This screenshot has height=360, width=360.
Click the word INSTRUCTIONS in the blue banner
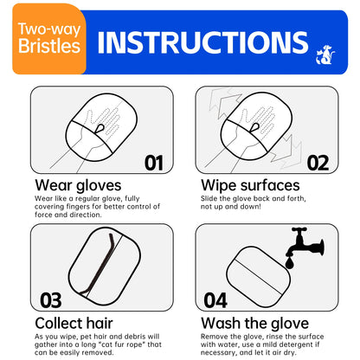[x=203, y=42]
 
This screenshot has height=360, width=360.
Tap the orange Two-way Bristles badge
[x=49, y=39]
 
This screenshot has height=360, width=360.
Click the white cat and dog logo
[x=325, y=55]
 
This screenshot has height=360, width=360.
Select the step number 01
[x=154, y=163]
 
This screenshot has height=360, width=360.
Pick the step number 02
[x=318, y=163]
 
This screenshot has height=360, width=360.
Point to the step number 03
[x=51, y=300]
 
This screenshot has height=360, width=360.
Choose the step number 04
[x=215, y=300]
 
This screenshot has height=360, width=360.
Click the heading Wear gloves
[x=78, y=185]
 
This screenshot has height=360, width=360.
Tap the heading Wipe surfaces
[x=250, y=185]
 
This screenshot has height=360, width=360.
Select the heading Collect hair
[x=74, y=323]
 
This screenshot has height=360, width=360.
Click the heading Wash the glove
[x=255, y=323]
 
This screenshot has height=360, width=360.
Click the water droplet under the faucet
[x=289, y=263]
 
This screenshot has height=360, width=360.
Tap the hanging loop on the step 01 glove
[x=100, y=129]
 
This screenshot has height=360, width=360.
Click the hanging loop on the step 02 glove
[x=254, y=128]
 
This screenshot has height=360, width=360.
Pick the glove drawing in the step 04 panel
[x=259, y=277]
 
